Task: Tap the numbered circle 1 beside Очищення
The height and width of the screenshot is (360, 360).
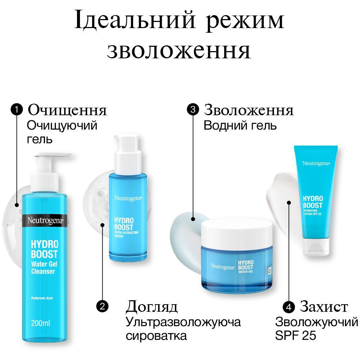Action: click(x=17, y=110)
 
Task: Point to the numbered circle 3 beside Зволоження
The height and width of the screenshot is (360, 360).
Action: click(x=193, y=110)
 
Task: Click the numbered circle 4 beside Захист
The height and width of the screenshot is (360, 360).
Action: click(x=288, y=307)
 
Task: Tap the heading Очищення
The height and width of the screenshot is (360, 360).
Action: click(x=67, y=110)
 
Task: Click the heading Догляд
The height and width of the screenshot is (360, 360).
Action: click(x=152, y=307)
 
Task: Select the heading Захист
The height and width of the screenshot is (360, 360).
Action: click(x=324, y=307)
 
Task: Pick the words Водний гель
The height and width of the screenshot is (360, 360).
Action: click(x=240, y=126)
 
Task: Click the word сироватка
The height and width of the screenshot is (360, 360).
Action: click(x=156, y=336)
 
